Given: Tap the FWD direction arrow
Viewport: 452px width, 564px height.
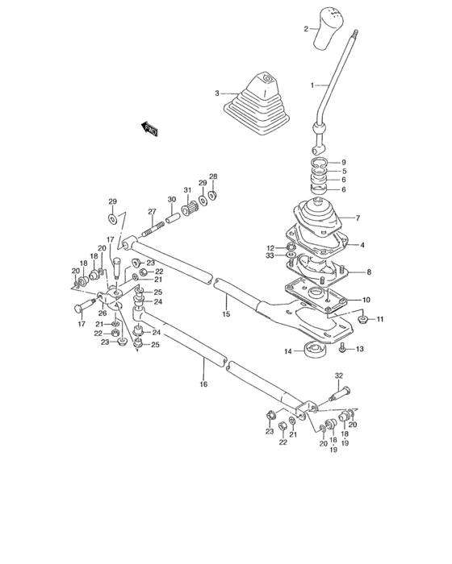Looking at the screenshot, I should pos(149,126).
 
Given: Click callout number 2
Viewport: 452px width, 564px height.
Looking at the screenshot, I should pos(307,28).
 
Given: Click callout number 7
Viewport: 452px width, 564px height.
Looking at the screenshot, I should pos(357,219).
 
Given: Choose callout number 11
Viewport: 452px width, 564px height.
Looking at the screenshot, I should pos(380,320).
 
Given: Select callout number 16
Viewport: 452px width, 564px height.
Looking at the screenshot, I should pos(204,384).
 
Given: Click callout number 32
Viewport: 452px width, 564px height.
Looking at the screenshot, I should pos(339,376).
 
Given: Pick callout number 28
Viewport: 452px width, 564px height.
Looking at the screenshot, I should pos(213,176).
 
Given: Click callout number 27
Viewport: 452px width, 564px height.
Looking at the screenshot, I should pos(151,212).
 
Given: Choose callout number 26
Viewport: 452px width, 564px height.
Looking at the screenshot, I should pos(103,313).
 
